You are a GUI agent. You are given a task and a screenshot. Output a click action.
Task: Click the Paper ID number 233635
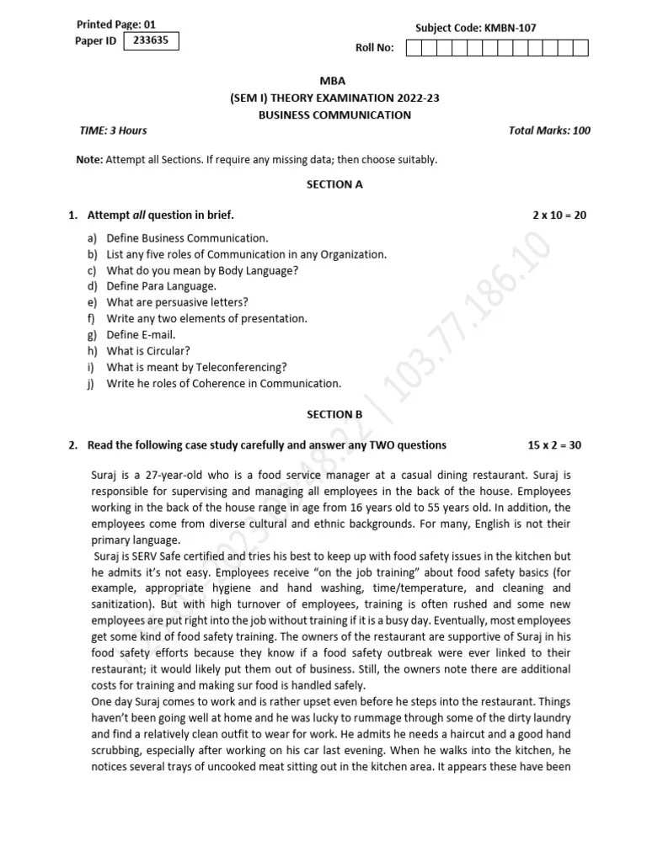coord(151,40)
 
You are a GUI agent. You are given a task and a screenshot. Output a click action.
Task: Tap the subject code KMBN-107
coord(475,28)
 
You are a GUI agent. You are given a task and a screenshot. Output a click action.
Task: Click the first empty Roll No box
coord(414,48)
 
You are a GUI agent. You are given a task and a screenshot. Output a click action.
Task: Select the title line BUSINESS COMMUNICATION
coord(334,114)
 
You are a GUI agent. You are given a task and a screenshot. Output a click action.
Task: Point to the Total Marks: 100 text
coord(549,130)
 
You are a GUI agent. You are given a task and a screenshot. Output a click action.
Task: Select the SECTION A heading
coord(334,184)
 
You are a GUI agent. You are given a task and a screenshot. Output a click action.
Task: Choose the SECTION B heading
coord(334,414)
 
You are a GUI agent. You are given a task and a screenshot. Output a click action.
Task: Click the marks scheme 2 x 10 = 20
coord(559,215)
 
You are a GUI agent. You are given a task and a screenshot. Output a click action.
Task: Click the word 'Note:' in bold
coord(89,159)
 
